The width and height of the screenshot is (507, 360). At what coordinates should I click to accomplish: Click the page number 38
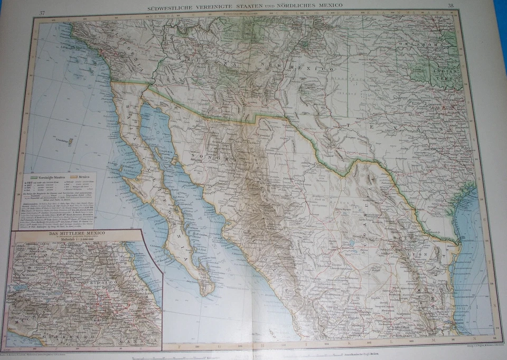(x=450, y=6)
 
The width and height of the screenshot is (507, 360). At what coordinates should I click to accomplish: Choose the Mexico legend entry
(x=83, y=176)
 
